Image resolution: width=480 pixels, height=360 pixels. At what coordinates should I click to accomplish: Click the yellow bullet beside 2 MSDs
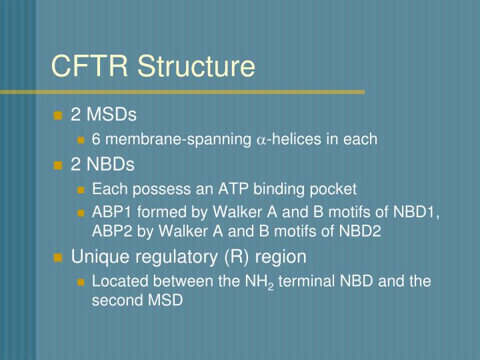pos(58,115)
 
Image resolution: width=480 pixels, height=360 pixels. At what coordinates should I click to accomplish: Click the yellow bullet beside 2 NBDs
pos(58,165)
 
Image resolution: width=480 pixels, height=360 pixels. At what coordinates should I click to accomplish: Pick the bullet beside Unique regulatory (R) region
pos(58,257)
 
